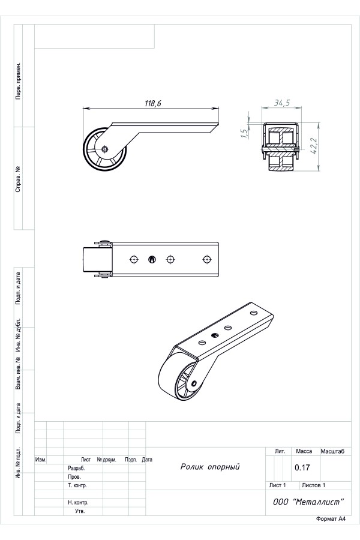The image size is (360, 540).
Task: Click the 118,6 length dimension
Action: tap(152, 103)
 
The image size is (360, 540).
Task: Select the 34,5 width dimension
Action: tap(282, 103)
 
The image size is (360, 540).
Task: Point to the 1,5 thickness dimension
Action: tap(244, 133)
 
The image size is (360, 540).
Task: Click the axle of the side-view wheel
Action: tap(105, 149)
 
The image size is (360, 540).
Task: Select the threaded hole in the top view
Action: tap(152, 259)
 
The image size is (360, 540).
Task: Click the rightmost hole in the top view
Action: tap(206, 259)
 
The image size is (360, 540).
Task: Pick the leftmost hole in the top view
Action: tap(134, 259)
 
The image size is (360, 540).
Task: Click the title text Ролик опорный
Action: tap(210, 467)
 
